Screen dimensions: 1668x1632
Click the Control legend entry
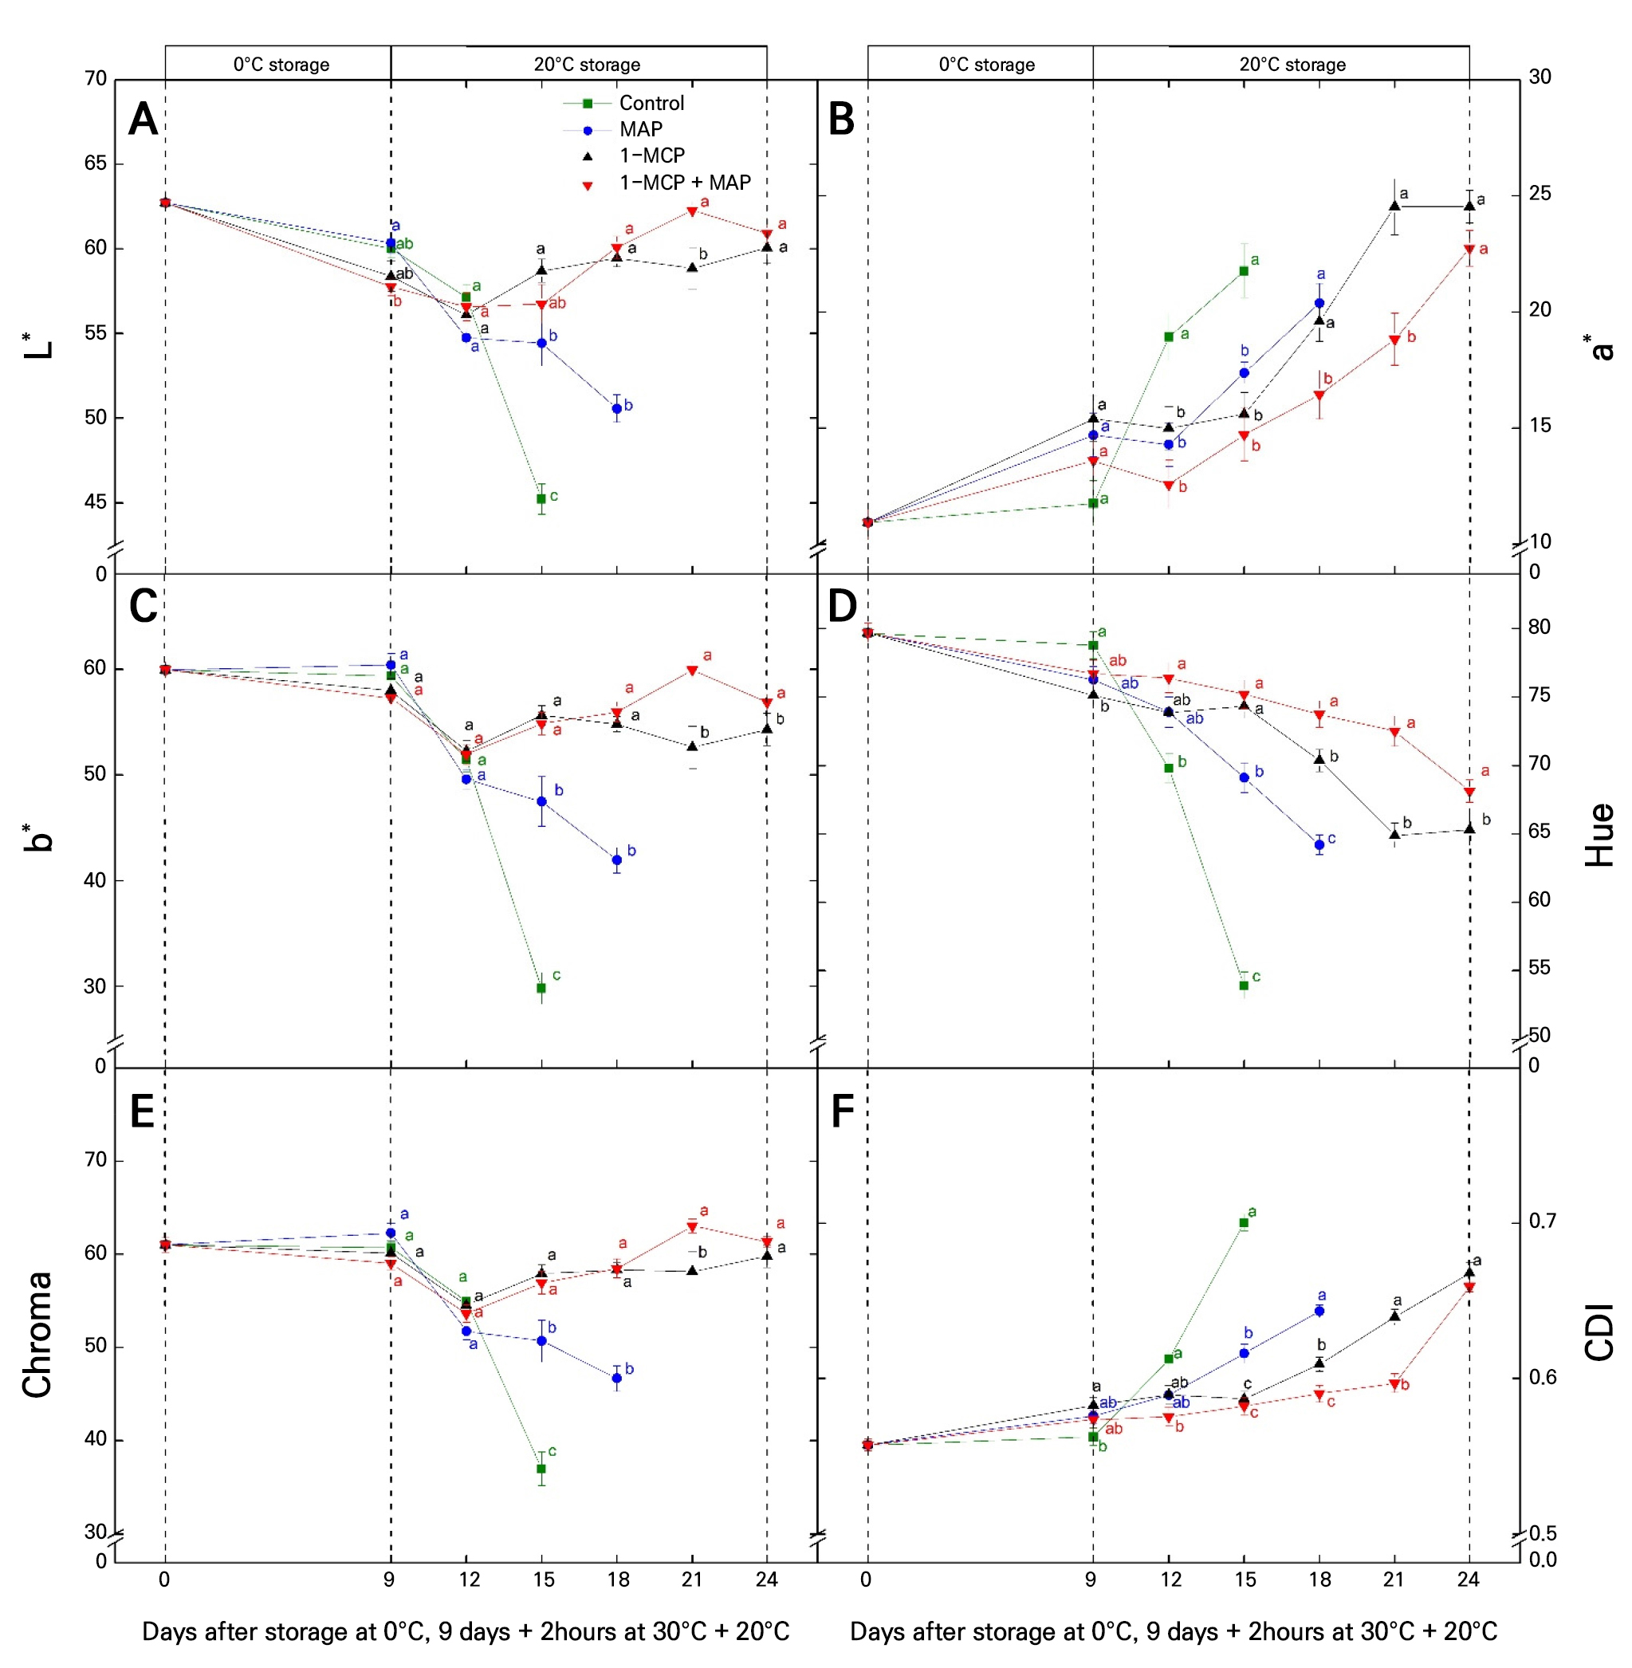(651, 104)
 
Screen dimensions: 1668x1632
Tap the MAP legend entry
(640, 129)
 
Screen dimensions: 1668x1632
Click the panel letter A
(144, 119)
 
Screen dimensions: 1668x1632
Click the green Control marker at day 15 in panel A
(541, 499)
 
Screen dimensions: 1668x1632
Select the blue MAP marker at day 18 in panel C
(616, 860)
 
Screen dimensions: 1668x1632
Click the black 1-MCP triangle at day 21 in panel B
(1394, 206)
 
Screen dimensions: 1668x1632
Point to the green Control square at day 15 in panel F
(1244, 1223)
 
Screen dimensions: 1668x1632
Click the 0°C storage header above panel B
(986, 65)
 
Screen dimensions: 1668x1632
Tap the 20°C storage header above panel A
(587, 65)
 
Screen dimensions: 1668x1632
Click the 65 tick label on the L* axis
(96, 163)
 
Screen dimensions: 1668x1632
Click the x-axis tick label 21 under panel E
(692, 1579)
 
